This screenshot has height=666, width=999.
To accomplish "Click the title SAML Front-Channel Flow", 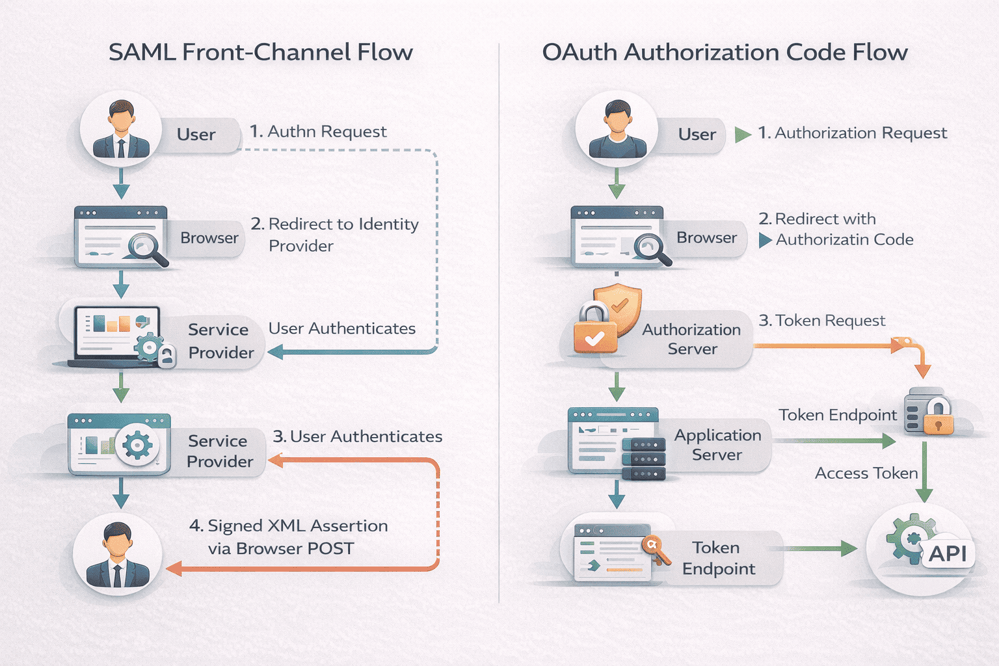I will pos(260,52).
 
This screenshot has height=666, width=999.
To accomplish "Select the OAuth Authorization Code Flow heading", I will pos(725,52).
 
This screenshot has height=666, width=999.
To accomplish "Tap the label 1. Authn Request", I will pos(318,131).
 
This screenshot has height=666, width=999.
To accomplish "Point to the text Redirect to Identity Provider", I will pos(335,234).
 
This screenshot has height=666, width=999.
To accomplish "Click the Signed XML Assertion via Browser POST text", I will pos(288,537).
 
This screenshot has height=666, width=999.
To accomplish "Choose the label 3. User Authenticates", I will pos(357,436).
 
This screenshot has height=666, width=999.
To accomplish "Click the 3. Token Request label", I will pos(821,321).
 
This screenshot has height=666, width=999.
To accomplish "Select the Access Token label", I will pos(866,473).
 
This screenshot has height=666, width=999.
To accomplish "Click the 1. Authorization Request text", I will pos(852,133).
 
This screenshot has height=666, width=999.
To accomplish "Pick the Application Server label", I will pos(717,445).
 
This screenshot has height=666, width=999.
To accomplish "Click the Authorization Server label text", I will pos(691,339).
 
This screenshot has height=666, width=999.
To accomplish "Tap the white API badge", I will pos(948,553).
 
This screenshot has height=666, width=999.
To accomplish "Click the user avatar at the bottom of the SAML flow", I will pos(118,554).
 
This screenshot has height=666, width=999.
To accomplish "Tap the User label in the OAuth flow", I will pos(697,135).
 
